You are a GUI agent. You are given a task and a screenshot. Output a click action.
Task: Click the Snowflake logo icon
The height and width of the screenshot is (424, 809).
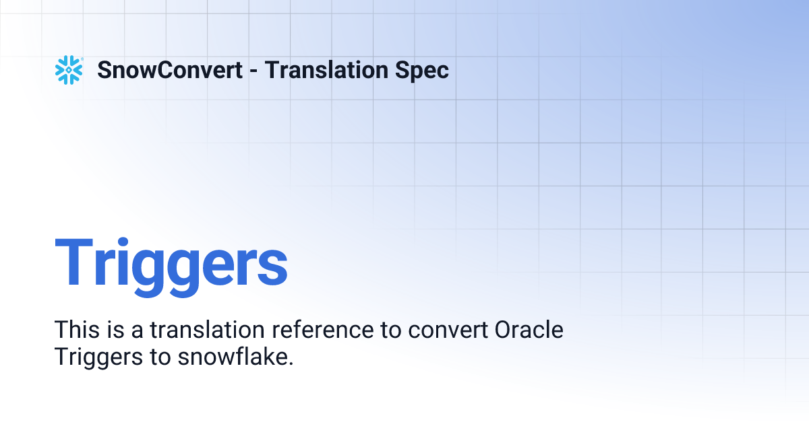point(69,70)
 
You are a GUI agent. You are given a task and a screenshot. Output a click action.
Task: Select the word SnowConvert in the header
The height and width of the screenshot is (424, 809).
point(170,70)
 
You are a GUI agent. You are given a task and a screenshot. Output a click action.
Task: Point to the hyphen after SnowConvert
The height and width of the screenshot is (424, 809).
point(253,71)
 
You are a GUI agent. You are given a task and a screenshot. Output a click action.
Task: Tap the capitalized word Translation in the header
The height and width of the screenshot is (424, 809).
point(324,70)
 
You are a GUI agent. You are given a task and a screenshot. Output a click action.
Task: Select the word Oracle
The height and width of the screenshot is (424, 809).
point(529,330)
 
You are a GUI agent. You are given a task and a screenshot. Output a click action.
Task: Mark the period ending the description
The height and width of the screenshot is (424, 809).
point(291,363)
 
